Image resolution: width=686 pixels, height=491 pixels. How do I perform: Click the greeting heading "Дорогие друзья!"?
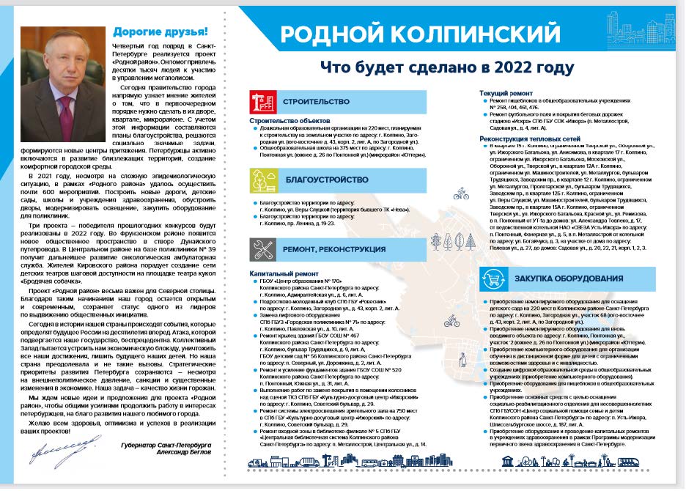point(160,32)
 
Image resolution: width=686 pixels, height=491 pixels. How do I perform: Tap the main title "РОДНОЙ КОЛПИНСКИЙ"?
point(421,34)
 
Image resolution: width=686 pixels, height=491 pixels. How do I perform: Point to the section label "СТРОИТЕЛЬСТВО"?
point(317,102)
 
